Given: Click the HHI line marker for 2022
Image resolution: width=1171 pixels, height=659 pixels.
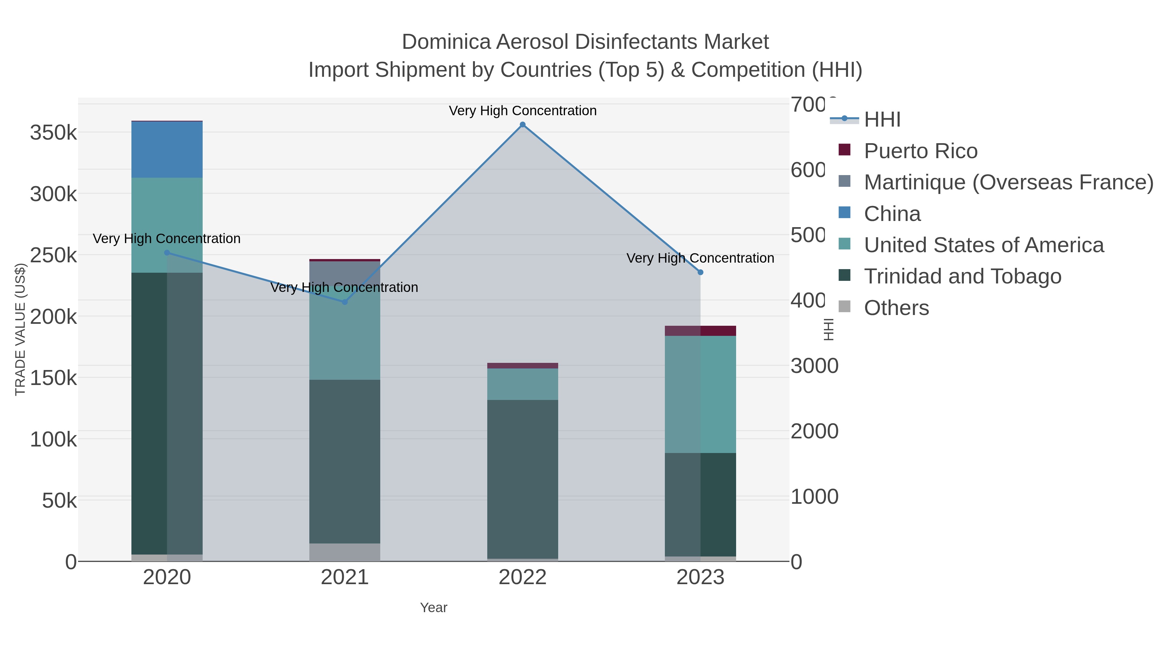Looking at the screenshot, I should point(522,125).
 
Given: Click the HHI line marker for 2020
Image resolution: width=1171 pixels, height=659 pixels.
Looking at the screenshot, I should point(167,253).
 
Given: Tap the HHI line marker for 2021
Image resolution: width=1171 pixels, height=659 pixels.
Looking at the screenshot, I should point(344,302).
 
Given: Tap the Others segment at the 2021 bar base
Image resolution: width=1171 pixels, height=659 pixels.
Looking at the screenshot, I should point(344,552).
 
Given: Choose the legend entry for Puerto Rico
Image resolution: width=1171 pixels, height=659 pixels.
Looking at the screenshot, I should point(920,151).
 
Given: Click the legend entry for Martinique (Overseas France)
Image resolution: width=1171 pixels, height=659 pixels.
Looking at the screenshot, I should point(1008,182).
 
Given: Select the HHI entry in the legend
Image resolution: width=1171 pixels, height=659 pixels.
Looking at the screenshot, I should point(882,120).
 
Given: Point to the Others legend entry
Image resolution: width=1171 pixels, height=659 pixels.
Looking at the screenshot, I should point(896,308).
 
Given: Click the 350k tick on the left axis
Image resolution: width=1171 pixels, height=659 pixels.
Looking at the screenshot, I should point(53,133).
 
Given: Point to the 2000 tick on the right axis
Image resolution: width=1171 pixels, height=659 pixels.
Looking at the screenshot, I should point(814,431).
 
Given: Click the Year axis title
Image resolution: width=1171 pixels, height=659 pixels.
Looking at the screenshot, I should point(433,608).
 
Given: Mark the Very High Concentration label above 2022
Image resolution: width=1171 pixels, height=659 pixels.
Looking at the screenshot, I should point(522,111).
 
